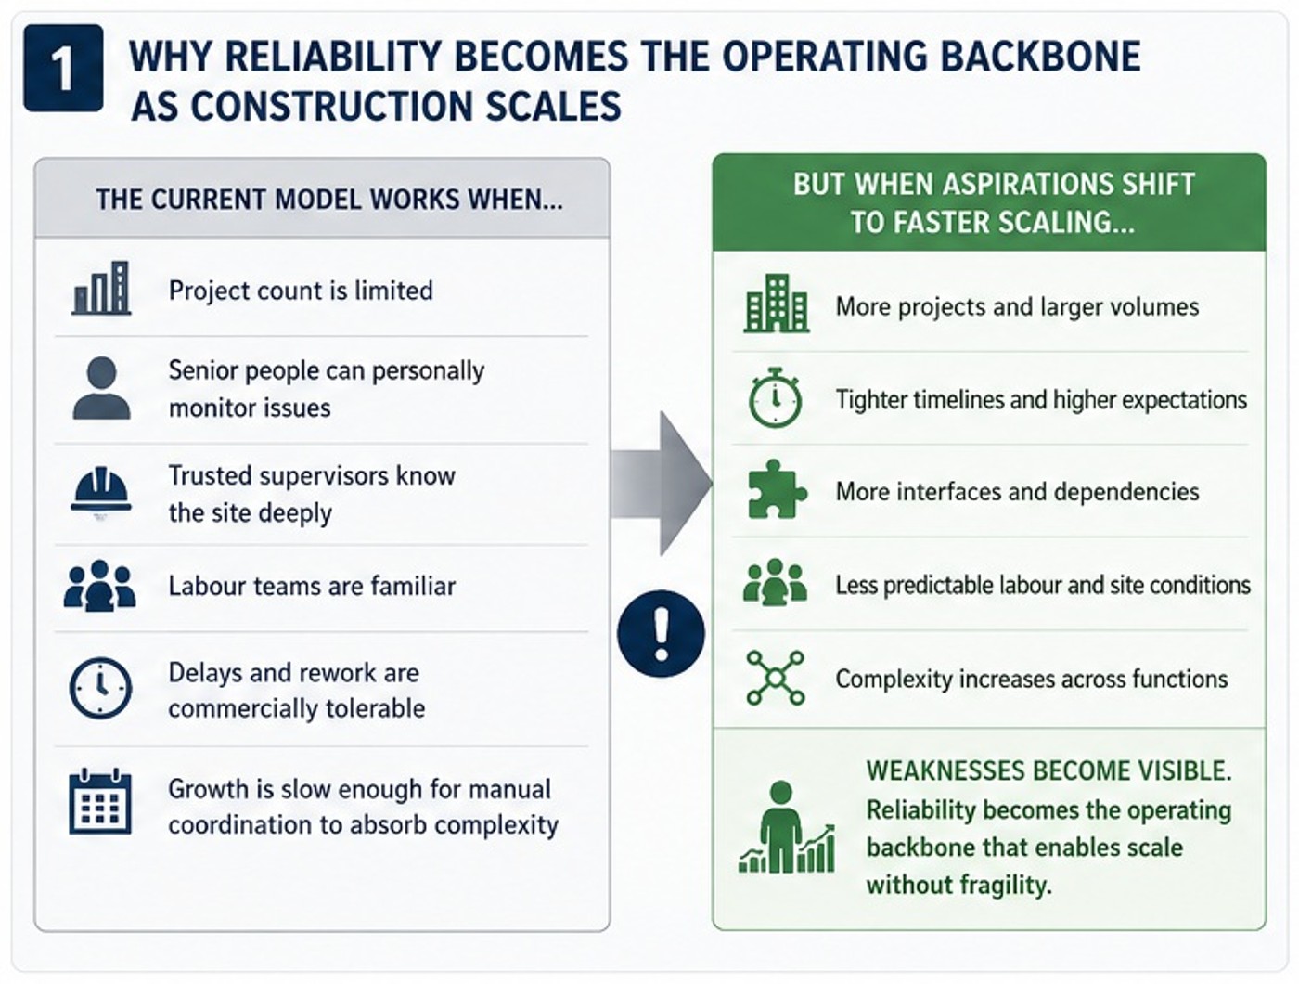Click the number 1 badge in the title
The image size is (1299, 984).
point(63,68)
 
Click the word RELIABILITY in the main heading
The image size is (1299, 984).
point(332,57)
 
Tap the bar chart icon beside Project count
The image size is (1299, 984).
point(101,289)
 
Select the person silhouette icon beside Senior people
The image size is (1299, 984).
point(102,388)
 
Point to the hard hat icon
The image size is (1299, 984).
point(100,490)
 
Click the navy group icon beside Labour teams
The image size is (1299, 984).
point(100,585)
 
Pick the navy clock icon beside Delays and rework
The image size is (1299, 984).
point(100,688)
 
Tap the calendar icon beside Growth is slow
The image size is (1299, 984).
point(100,802)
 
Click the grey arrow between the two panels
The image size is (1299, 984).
point(661,484)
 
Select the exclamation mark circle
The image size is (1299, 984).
point(661,633)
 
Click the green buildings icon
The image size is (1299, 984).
point(776,304)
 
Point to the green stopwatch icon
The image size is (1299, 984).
point(776,397)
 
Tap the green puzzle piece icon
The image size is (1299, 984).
point(777,489)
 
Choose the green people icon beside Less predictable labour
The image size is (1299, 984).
point(776,583)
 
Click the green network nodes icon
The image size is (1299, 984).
point(776,678)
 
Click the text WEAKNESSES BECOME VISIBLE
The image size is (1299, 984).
point(1048,770)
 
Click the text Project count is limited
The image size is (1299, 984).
point(301,291)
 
